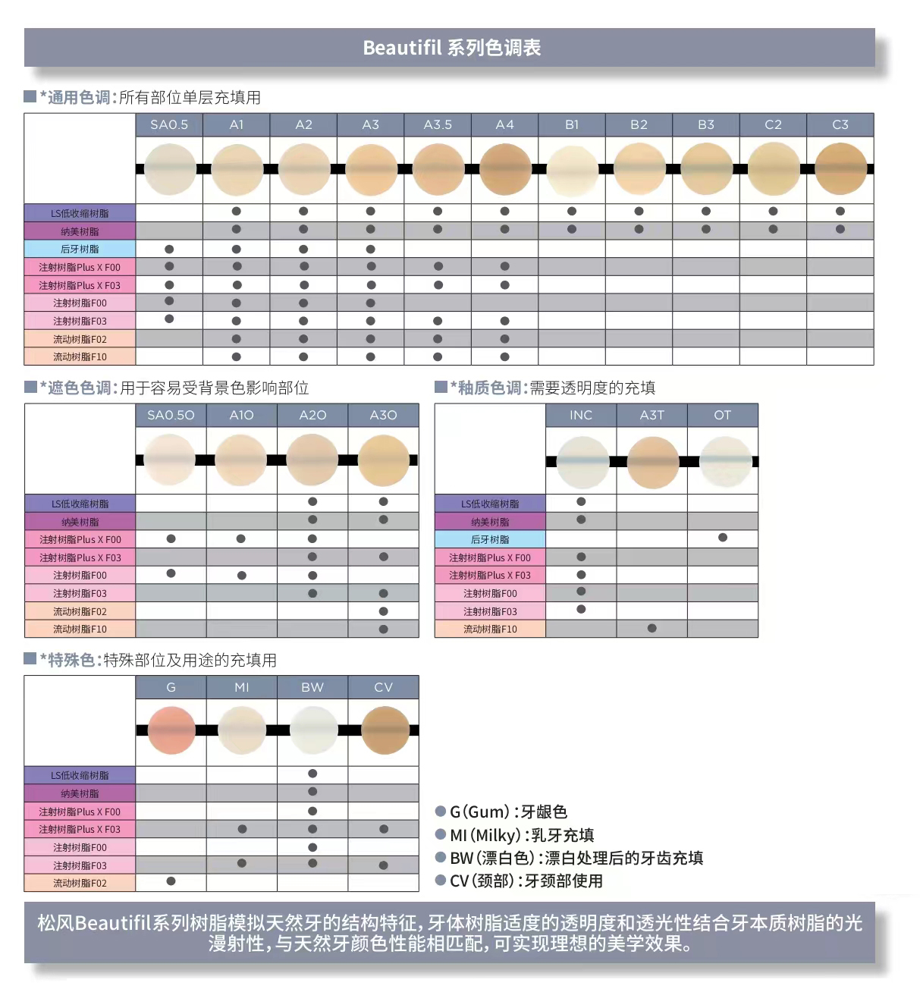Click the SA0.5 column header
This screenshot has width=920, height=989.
tap(169, 124)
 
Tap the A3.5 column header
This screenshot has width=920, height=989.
tap(438, 124)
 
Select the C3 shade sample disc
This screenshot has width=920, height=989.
tap(840, 169)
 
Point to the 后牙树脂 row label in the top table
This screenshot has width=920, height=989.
tap(80, 249)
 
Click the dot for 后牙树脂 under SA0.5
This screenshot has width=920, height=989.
tap(169, 249)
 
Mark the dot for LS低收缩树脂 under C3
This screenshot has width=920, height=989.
tap(840, 212)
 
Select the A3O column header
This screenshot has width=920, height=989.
tap(383, 415)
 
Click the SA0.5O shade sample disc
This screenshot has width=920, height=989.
tap(171, 460)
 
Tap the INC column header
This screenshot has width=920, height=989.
tap(581, 415)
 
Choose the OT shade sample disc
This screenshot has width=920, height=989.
tap(723, 461)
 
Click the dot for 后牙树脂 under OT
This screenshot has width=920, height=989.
tap(723, 538)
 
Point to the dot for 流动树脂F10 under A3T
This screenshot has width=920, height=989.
tap(652, 628)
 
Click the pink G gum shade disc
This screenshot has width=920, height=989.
tap(171, 730)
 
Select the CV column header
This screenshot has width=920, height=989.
tap(383, 687)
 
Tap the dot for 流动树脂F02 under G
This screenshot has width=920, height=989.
tap(171, 881)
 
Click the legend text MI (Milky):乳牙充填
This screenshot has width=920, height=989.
tap(522, 835)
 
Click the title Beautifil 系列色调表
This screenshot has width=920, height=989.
tap(451, 48)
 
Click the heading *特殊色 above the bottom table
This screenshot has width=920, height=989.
tap(70, 660)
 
